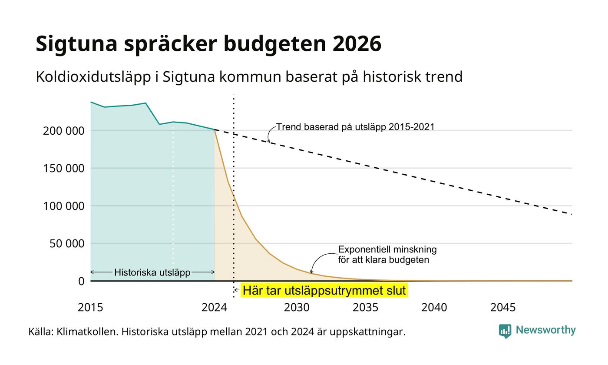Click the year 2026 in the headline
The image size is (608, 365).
pyautogui.click(x=357, y=43)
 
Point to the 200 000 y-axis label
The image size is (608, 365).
pyautogui.click(x=63, y=131)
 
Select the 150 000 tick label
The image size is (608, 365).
pyautogui.click(x=63, y=169)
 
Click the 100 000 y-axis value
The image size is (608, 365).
pyautogui.click(x=63, y=206)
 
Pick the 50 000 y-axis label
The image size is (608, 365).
pyautogui.click(x=67, y=244)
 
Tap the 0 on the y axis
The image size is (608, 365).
pyautogui.click(x=82, y=282)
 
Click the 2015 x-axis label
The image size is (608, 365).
pyautogui.click(x=90, y=308)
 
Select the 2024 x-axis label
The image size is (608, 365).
pyautogui.click(x=214, y=308)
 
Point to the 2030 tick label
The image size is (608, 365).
pyautogui.click(x=297, y=308)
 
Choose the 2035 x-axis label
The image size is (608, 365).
pyautogui.click(x=365, y=308)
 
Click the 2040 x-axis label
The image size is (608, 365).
pyautogui.click(x=434, y=308)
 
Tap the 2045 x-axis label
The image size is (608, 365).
pyautogui.click(x=503, y=308)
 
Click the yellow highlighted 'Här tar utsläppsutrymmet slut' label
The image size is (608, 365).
pyautogui.click(x=324, y=290)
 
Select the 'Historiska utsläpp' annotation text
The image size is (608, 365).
pyautogui.click(x=152, y=272)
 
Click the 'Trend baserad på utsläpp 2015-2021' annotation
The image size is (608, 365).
pyautogui.click(x=355, y=127)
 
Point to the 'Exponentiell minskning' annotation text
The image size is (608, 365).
pyautogui.click(x=387, y=249)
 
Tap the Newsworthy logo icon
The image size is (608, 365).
pyautogui.click(x=505, y=331)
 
